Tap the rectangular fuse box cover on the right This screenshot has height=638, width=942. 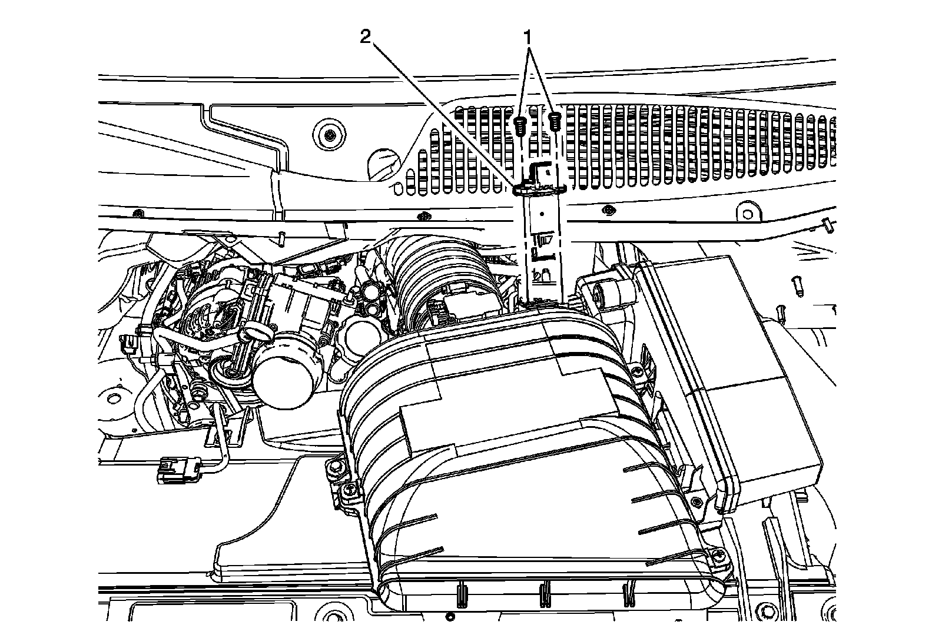click(736, 377)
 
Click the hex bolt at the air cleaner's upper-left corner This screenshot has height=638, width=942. click(336, 467)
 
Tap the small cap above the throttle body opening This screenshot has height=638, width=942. click(250, 335)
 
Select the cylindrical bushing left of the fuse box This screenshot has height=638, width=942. click(606, 293)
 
